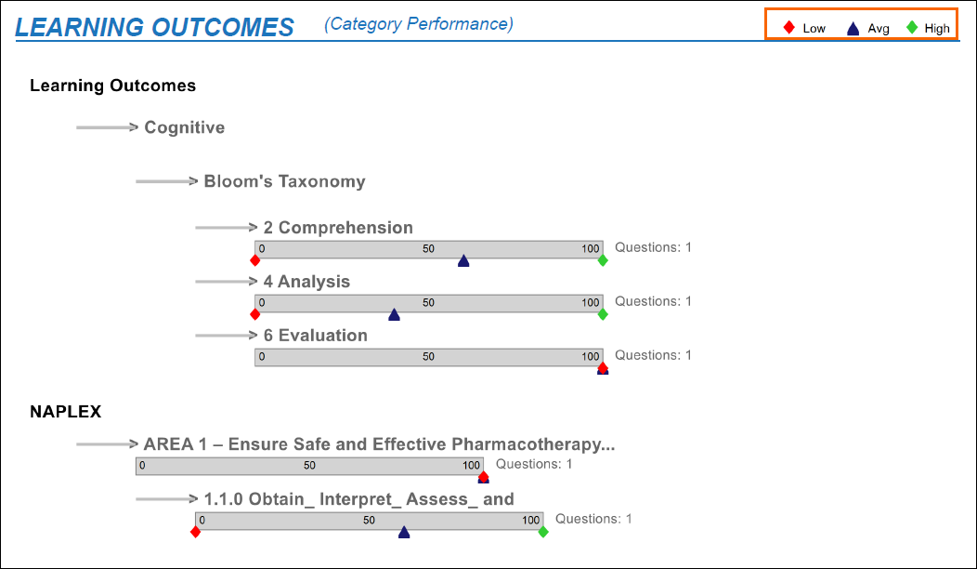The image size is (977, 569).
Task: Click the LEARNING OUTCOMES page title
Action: tap(154, 27)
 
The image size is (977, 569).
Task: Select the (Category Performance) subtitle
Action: tap(418, 23)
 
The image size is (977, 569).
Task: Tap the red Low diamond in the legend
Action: tap(789, 28)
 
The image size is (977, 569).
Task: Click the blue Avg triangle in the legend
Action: tap(853, 29)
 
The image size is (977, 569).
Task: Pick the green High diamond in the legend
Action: tap(912, 28)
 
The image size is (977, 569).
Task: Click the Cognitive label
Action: tap(184, 127)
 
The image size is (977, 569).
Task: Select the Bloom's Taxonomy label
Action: tap(284, 181)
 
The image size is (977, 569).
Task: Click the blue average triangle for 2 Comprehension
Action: tap(463, 261)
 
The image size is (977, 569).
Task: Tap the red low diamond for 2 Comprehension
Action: tap(255, 260)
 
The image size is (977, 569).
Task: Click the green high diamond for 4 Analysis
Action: tap(603, 314)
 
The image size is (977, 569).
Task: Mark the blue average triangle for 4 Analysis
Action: tap(394, 315)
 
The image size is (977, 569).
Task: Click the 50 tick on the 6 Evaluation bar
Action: tap(428, 356)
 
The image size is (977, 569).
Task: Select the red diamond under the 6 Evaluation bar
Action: tap(603, 366)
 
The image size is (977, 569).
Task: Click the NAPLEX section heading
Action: tap(65, 411)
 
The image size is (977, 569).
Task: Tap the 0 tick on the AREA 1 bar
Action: tap(142, 466)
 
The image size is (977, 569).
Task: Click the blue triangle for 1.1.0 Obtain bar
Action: tap(404, 533)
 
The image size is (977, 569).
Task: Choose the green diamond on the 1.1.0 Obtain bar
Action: tap(543, 532)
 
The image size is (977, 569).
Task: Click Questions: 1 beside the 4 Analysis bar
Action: tap(653, 301)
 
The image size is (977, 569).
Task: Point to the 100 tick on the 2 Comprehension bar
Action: tap(591, 248)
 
